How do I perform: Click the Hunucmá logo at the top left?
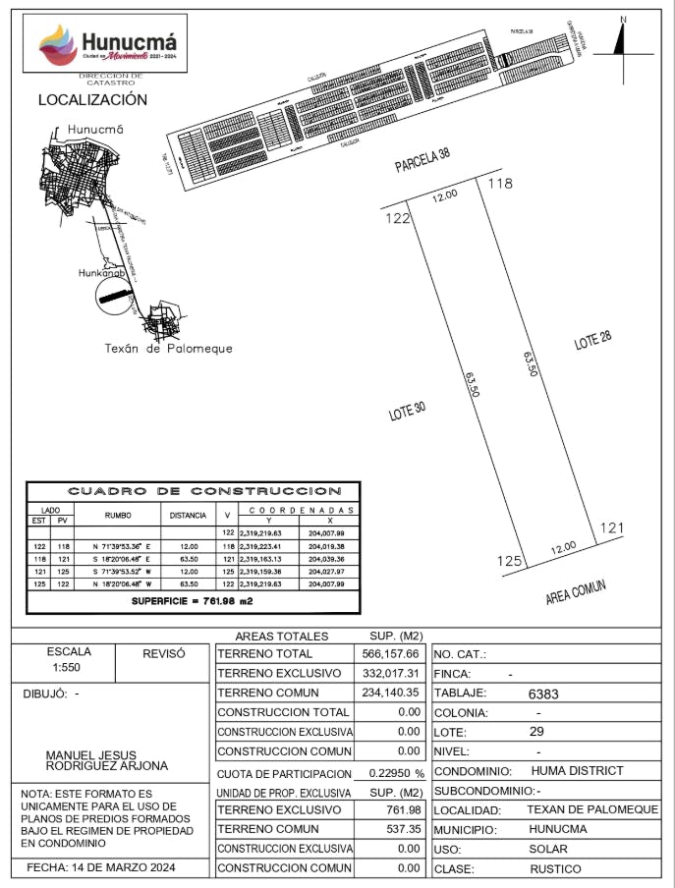tap(109, 45)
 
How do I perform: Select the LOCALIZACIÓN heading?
tap(92, 99)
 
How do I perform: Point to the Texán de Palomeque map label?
tap(169, 349)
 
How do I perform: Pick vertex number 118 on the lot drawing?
tap(501, 183)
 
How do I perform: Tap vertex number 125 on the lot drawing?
tap(508, 561)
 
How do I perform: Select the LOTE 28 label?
tap(593, 342)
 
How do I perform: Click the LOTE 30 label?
tap(406, 412)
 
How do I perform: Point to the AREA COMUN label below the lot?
tap(576, 592)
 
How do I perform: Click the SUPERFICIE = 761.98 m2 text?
tap(194, 599)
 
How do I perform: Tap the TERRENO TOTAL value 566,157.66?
tap(390, 653)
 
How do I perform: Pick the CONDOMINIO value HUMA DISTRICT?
tap(577, 771)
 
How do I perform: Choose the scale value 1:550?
tap(69, 667)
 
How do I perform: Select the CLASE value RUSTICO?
tap(555, 869)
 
